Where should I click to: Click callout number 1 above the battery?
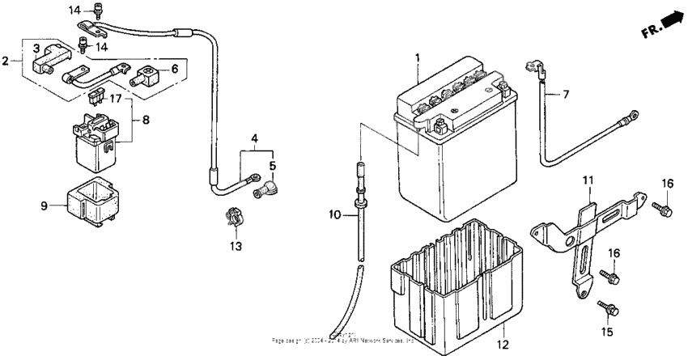[x=418, y=58]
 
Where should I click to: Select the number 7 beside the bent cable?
[x=566, y=95]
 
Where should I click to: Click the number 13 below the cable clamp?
[x=236, y=246]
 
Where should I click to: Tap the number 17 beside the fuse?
[x=117, y=100]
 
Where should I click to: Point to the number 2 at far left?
[x=6, y=60]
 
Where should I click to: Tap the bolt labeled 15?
[x=608, y=308]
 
